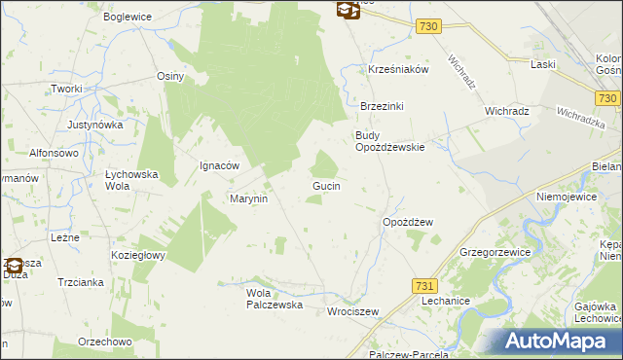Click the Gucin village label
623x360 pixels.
point(325,185)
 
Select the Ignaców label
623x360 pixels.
point(219,165)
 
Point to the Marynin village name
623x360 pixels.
point(248,198)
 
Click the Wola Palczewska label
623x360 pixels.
point(275,298)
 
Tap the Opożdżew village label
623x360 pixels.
point(408,222)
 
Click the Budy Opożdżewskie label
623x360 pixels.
point(389,141)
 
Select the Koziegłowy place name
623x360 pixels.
point(137,255)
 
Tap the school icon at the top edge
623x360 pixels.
point(348,10)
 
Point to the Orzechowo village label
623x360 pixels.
point(105,342)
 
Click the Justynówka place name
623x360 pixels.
point(95,126)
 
